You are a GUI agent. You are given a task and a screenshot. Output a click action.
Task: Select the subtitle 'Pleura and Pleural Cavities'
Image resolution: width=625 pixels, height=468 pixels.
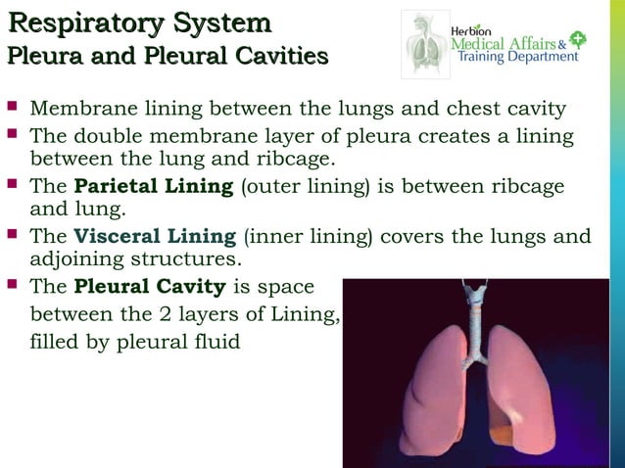coord(167,56)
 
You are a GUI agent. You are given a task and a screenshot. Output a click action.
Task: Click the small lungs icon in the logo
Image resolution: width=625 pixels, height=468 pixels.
coord(425,44)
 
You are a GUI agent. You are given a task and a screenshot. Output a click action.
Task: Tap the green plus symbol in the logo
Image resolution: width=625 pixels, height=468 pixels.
coord(578,40)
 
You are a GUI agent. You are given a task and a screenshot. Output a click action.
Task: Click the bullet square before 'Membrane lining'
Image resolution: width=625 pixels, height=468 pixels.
coord(13,105)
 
